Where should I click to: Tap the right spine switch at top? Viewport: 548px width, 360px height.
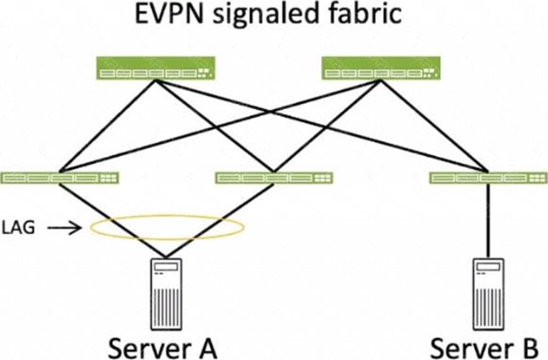(x=380, y=68)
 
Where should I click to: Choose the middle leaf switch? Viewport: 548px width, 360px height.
(x=274, y=178)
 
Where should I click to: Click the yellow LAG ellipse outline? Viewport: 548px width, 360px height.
(x=166, y=217)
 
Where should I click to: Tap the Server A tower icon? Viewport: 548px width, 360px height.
(x=166, y=291)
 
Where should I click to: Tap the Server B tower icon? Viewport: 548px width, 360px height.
(x=489, y=291)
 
